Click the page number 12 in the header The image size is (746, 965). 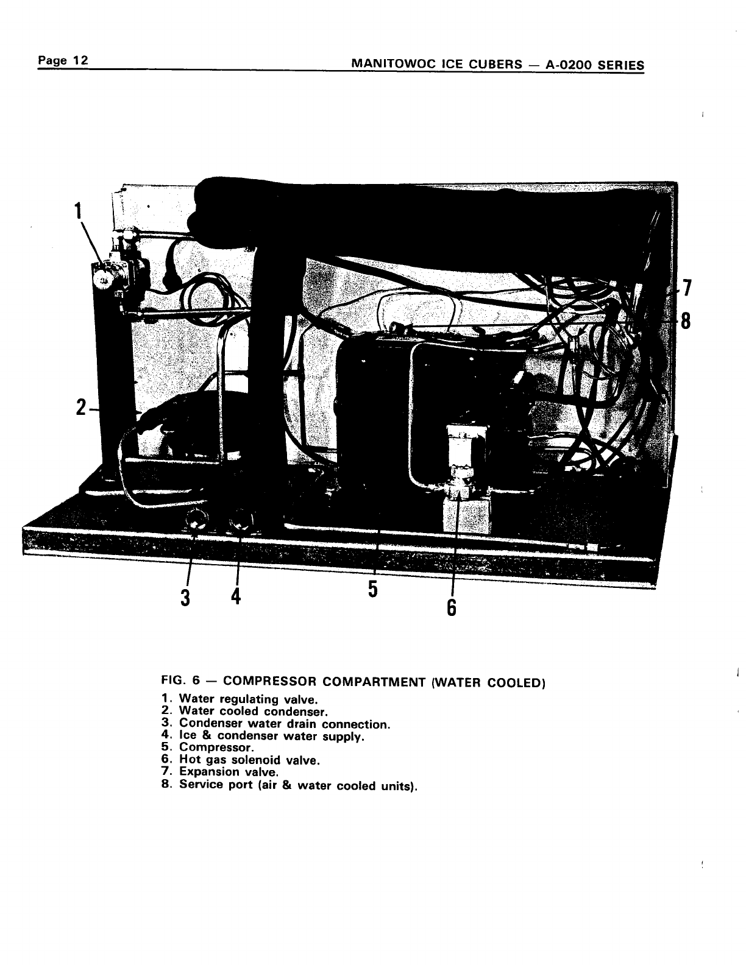(80, 61)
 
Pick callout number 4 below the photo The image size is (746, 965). (236, 596)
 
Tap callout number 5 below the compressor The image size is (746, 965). (373, 589)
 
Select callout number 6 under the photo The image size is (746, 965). (451, 607)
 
